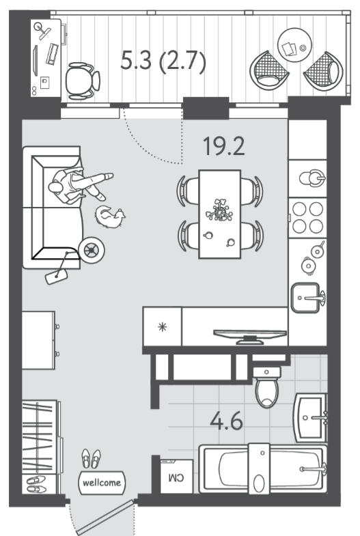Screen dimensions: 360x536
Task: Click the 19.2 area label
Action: [x=224, y=146]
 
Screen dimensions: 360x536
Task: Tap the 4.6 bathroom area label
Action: [x=226, y=421]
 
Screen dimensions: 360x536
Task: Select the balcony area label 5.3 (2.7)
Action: [x=163, y=61]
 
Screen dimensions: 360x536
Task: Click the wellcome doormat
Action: [x=102, y=482]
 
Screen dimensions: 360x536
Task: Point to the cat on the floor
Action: [x=110, y=216]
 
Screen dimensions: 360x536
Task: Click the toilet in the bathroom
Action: [x=267, y=387]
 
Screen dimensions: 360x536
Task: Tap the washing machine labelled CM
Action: [x=176, y=476]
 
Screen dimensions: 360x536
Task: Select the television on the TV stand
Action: [x=250, y=337]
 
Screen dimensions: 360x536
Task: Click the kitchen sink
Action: [x=307, y=298]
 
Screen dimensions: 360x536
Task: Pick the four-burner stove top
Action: [x=307, y=218]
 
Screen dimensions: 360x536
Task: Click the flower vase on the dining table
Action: [x=219, y=210]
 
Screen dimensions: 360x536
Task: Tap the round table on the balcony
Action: [x=294, y=45]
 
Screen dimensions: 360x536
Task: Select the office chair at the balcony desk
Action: [x=82, y=81]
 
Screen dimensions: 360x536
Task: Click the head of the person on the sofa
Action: [x=55, y=187]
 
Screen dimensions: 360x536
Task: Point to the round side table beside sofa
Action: [x=92, y=250]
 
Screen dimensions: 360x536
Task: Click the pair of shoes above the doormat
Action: [x=91, y=458]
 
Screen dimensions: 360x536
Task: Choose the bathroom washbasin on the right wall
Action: [x=311, y=417]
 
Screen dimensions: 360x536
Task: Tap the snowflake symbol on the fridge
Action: [x=163, y=327]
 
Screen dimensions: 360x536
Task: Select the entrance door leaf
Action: [x=105, y=518]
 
